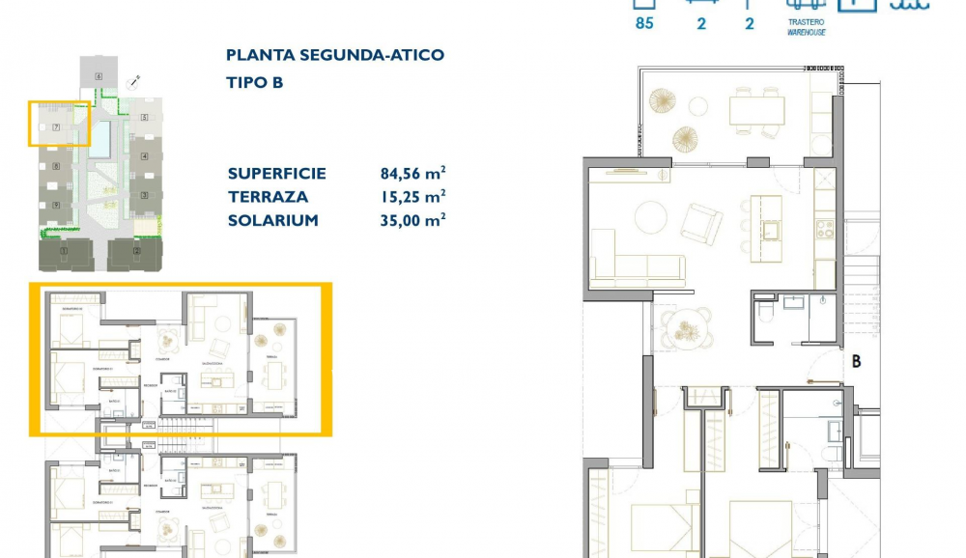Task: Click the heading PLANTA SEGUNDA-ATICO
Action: [335, 55]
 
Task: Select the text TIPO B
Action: [255, 83]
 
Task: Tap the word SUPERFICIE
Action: [277, 174]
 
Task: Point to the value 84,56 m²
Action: [412, 174]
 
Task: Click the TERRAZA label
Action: [268, 197]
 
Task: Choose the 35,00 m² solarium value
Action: [412, 220]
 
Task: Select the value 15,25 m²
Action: [412, 197]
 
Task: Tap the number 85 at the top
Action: [644, 23]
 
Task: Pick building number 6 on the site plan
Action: [99, 75]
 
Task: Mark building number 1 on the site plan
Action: [63, 253]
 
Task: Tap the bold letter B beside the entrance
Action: [856, 363]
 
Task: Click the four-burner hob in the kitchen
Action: [825, 230]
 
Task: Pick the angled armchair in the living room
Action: [700, 224]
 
